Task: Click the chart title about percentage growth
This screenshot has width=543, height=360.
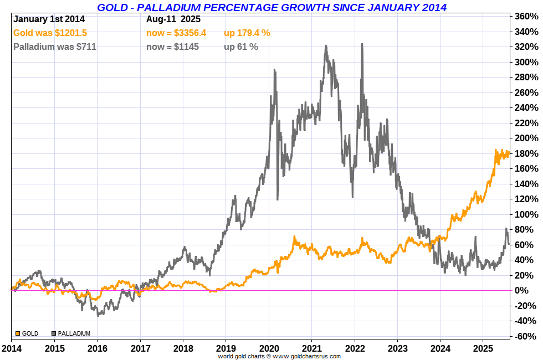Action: [x=271, y=7]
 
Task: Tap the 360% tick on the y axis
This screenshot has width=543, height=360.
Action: [x=526, y=16]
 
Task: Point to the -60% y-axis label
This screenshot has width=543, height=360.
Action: [x=526, y=336]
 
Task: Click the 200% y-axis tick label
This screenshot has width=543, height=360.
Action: [x=526, y=138]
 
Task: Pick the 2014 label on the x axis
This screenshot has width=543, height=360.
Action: [x=11, y=349]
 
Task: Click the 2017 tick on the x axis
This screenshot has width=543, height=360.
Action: [x=140, y=349]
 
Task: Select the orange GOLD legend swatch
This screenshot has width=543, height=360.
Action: [x=17, y=333]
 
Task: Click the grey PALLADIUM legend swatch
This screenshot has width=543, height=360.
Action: [x=54, y=333]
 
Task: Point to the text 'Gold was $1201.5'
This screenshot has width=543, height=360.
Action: [x=50, y=33]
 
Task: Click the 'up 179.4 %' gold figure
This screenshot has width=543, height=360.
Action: [x=247, y=33]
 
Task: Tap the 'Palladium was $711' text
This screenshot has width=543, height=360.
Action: [x=54, y=47]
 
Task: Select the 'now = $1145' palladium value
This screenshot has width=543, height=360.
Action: [x=172, y=47]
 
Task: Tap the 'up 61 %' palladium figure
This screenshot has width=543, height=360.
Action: [x=241, y=47]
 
